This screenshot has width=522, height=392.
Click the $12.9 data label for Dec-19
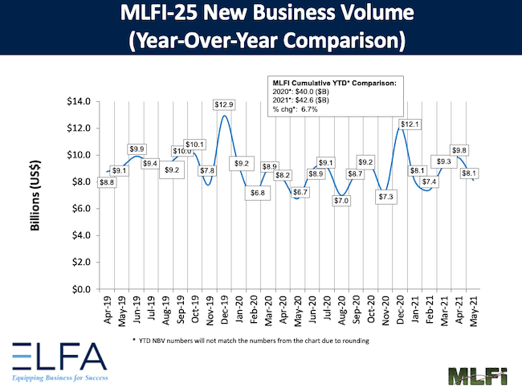coord(225,105)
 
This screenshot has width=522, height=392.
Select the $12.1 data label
coord(409,124)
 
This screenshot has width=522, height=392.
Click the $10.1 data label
coord(195,145)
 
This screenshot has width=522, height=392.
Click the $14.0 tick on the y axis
coord(81,101)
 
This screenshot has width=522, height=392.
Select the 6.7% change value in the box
coord(308,109)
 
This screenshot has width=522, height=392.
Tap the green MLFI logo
coord(474,373)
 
